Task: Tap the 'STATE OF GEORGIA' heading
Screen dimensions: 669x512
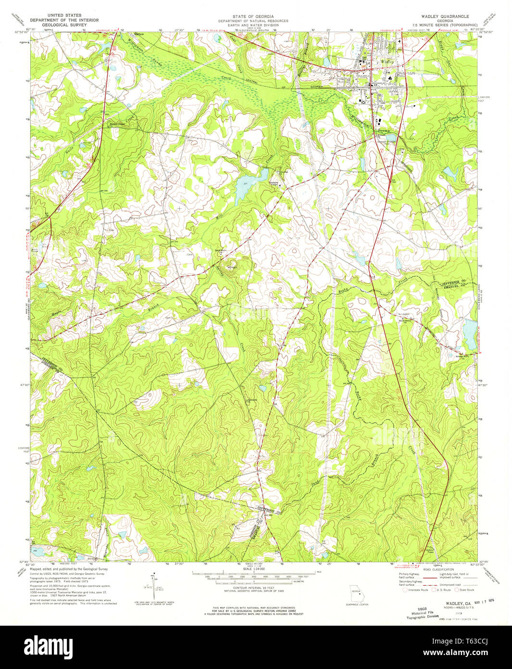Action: click(x=253, y=16)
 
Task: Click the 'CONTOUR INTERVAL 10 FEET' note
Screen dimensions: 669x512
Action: click(x=253, y=588)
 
